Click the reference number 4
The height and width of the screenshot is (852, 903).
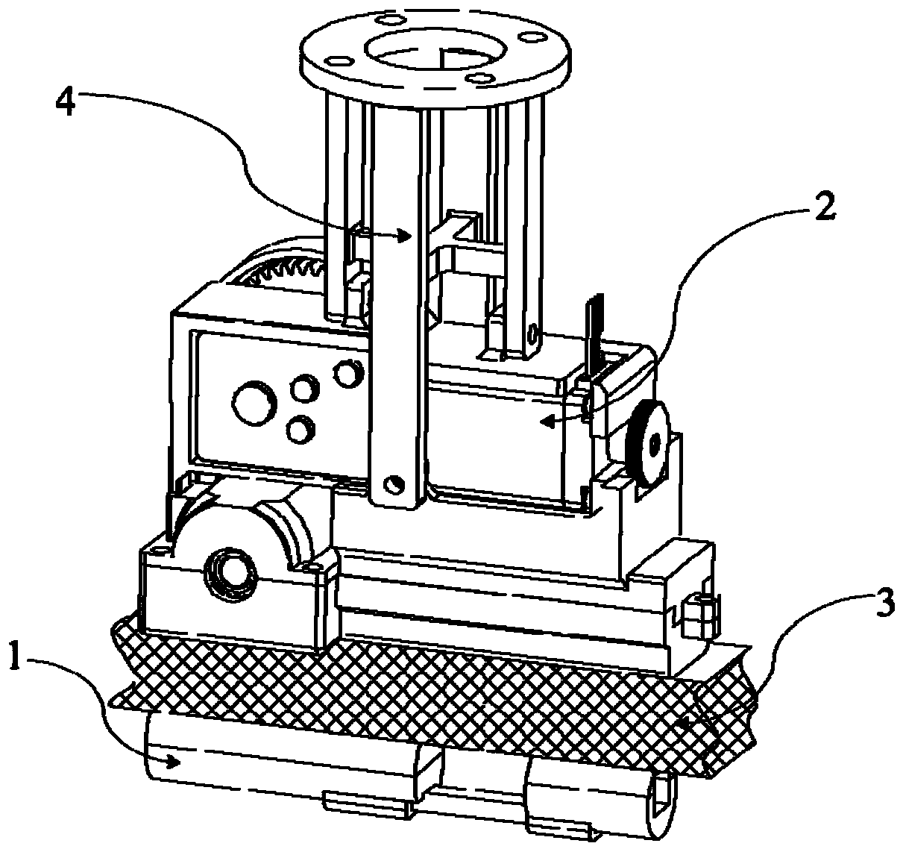(x=66, y=101)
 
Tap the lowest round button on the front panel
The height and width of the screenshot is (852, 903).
(x=299, y=430)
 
